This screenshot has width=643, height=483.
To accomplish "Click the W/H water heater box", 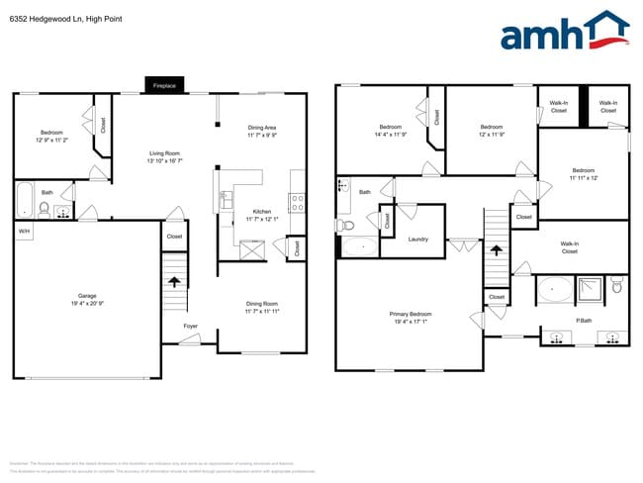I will click(x=23, y=231).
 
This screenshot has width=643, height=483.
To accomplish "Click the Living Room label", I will click(x=164, y=152).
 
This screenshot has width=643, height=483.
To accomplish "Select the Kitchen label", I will click(x=261, y=212).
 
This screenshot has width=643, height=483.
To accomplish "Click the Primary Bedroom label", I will click(x=410, y=314).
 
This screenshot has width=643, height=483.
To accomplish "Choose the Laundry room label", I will click(x=417, y=239).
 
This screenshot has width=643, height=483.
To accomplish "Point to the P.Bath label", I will click(x=584, y=320).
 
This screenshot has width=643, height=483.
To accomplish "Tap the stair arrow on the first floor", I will click(x=175, y=282).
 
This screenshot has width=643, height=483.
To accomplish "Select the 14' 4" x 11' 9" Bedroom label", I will click(x=391, y=127).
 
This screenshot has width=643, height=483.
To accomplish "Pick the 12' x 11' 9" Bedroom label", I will click(x=492, y=127).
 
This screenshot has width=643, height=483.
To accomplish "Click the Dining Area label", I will click(x=262, y=128).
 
